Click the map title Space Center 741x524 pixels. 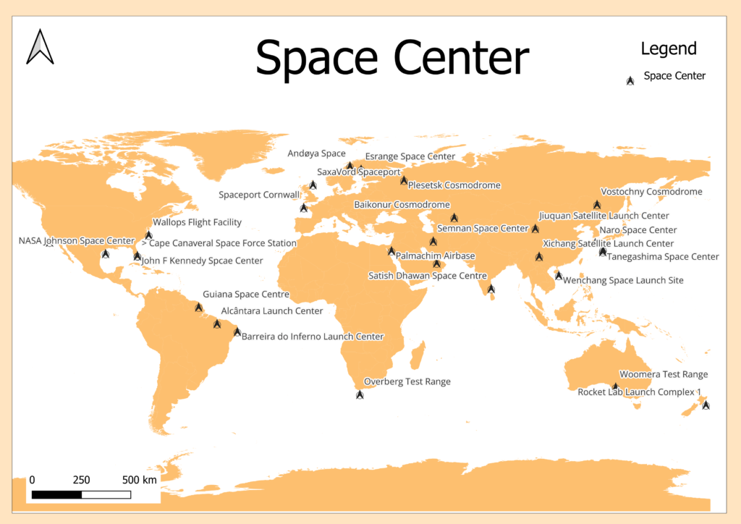(392, 58)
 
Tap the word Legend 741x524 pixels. (669, 48)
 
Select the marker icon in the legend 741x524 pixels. (630, 80)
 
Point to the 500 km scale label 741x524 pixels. (140, 480)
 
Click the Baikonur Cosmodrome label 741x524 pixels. (402, 205)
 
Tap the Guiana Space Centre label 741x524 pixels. (246, 295)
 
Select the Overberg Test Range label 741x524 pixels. (407, 381)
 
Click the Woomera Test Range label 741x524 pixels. (674, 374)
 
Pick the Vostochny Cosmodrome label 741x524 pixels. (652, 192)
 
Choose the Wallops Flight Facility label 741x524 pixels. (197, 222)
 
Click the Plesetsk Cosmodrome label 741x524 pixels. (454, 185)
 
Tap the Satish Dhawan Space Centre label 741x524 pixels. (428, 276)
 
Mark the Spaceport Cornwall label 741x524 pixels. (259, 195)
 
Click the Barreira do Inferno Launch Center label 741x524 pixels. (313, 337)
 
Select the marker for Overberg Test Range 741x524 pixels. (360, 394)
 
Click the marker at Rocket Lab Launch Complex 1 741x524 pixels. (706, 405)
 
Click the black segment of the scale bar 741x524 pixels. (56, 494)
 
